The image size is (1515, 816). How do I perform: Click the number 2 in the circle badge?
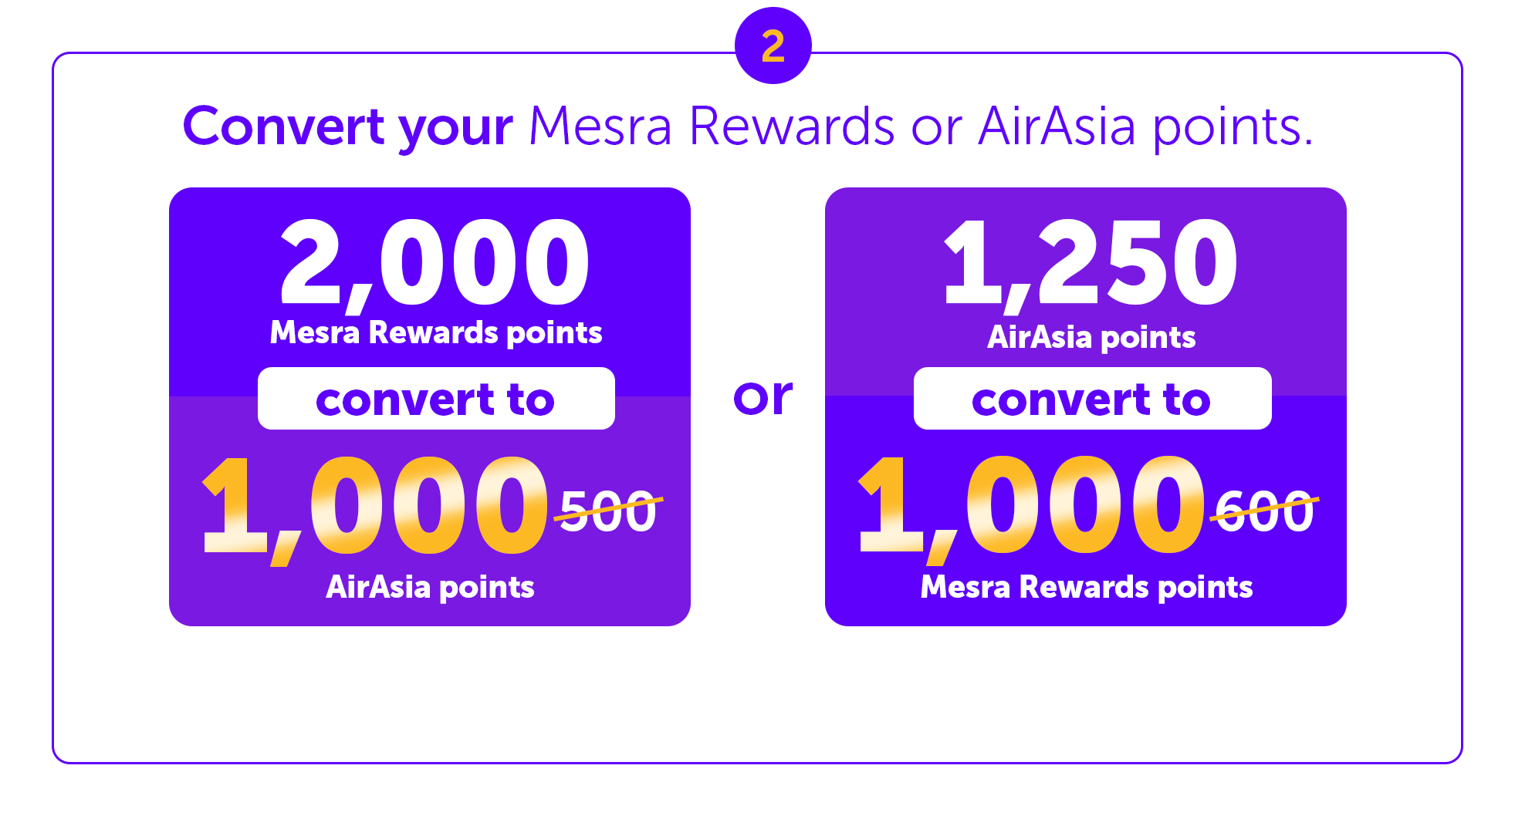[773, 46]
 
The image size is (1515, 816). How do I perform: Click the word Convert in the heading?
[283, 126]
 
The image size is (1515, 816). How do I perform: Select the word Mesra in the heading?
[600, 126]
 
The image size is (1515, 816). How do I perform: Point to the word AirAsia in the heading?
[1057, 126]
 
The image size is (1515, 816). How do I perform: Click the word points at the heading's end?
[1233, 129]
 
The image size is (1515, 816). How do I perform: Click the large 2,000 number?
[435, 265]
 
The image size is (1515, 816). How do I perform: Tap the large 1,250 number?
[1090, 265]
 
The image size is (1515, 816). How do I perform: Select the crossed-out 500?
[608, 511]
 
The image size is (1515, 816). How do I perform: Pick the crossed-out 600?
[1264, 511]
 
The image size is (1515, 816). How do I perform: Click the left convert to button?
[436, 399]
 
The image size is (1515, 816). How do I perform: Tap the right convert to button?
[1092, 399]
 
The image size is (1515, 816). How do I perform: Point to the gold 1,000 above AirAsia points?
[375, 509]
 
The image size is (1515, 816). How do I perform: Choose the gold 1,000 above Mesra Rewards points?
[1031, 509]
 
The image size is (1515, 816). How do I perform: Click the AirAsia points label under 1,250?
[1091, 338]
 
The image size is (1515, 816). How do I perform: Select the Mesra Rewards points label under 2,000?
[436, 333]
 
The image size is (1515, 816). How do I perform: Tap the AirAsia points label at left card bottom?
[430, 588]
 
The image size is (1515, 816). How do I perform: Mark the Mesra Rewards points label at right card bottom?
[1087, 588]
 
